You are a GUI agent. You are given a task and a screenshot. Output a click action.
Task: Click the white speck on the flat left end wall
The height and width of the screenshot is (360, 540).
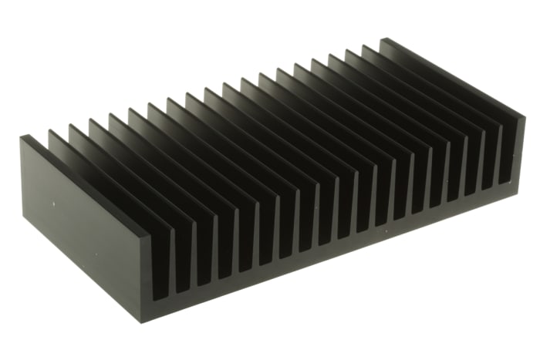tap(53, 204)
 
